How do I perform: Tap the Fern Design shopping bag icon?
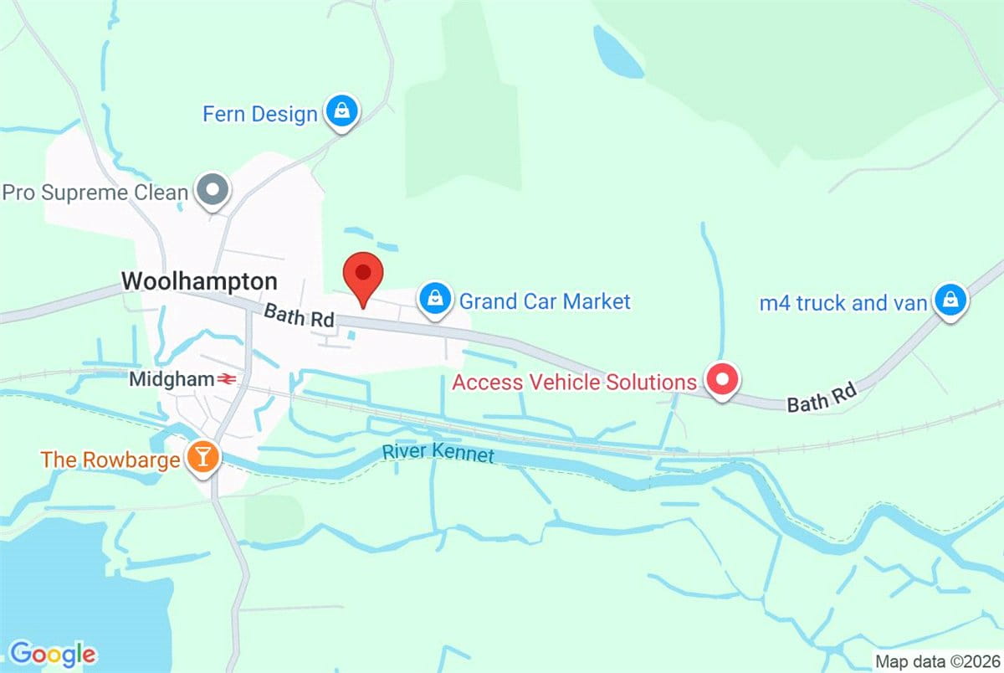(x=341, y=111)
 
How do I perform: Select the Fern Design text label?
(x=260, y=114)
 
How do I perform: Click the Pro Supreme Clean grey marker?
(x=213, y=191)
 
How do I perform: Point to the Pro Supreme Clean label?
(x=95, y=193)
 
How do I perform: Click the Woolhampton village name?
(x=199, y=280)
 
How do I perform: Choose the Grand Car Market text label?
(x=545, y=301)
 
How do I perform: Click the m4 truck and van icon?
(x=949, y=300)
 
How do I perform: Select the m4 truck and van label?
(x=843, y=302)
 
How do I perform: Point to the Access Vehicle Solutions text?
(x=574, y=383)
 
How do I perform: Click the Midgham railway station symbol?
(x=225, y=379)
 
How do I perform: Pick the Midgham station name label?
(x=172, y=379)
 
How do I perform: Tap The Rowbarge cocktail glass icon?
(x=202, y=456)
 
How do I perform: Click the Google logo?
(x=52, y=653)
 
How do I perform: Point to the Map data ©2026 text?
(x=935, y=660)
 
